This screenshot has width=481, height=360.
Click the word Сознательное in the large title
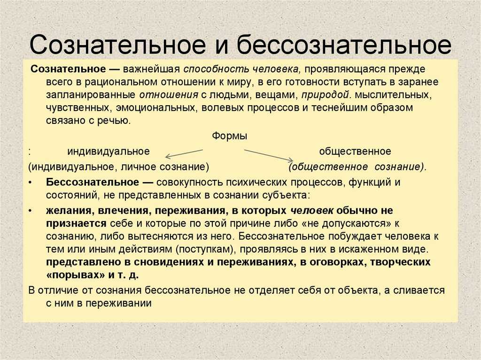pos(117,45)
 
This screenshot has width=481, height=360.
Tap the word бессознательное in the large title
pos(344,45)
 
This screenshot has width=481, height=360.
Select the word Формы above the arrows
pos(229,136)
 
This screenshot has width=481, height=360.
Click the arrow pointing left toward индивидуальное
pos(184,153)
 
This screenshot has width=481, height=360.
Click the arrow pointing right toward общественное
pos(269,155)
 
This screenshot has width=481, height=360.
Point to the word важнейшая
pos(151,69)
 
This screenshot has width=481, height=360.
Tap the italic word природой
pos(326,95)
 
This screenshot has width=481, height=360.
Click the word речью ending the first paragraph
pos(114,121)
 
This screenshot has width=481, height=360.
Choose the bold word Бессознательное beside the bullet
pos(93,183)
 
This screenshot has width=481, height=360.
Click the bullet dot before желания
pos(30,211)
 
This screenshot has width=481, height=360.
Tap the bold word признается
pos(76,223)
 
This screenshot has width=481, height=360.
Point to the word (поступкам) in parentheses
pos(205,249)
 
